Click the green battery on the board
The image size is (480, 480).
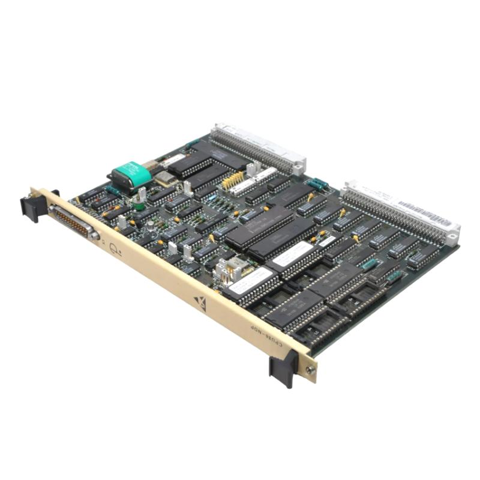[131, 173]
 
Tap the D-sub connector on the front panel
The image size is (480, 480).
[73, 221]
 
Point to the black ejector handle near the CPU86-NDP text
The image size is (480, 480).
[283, 367]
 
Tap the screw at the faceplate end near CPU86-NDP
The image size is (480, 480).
[310, 370]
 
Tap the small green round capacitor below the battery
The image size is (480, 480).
[139, 205]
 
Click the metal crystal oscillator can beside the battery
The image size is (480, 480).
[163, 178]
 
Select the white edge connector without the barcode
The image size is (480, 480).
[258, 146]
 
